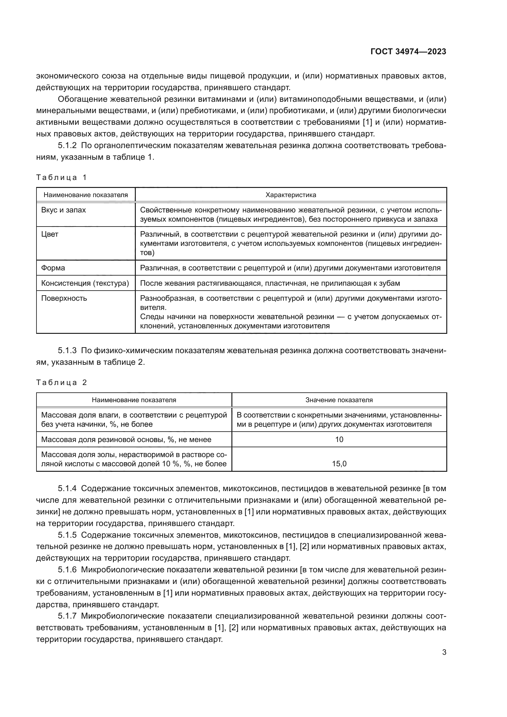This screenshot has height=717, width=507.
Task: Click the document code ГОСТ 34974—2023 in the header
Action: (408, 52)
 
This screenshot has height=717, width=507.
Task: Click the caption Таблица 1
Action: (61, 178)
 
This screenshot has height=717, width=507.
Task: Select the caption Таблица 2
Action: (61, 383)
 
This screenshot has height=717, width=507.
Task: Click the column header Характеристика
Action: (291, 195)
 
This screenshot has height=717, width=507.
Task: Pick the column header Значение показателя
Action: (339, 400)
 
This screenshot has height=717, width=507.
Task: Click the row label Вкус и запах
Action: (63, 210)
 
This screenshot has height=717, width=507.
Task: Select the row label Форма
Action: (53, 268)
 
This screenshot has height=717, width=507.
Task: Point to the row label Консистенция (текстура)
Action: (85, 284)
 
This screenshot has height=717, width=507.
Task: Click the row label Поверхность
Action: (64, 299)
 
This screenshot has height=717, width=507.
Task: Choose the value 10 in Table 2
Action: (339, 440)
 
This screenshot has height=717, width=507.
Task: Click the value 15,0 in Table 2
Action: (339, 464)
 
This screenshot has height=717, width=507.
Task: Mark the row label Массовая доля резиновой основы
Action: (126, 440)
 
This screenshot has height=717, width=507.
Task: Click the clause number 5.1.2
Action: (67, 146)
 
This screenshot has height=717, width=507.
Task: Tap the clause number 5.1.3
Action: (67, 351)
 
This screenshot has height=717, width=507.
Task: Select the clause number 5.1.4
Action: (67, 488)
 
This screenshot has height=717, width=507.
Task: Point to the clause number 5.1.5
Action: (67, 535)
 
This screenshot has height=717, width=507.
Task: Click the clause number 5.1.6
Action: (67, 570)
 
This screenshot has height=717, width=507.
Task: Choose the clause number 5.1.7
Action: (67, 616)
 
